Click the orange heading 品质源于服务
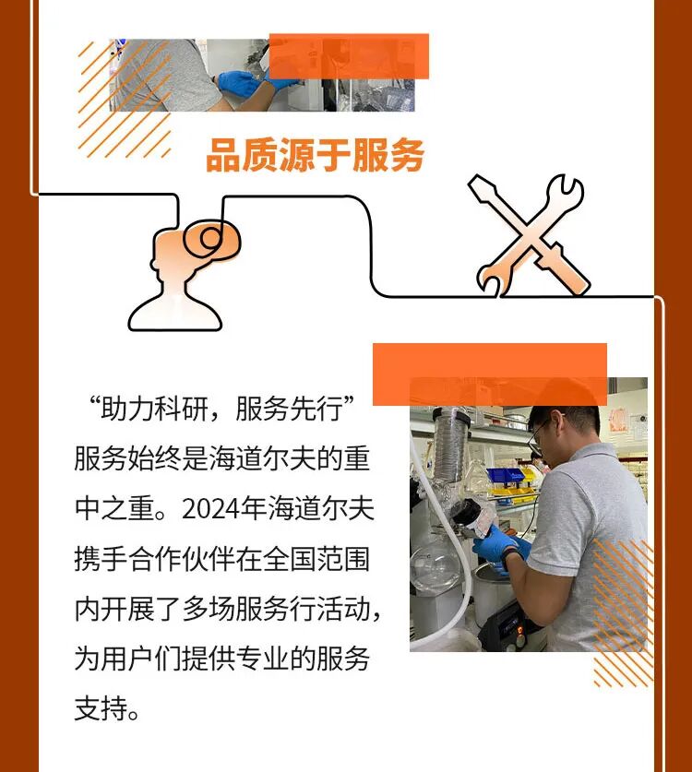coord(316,155)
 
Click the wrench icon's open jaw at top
coord(566,187)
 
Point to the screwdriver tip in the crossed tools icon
coord(476,184)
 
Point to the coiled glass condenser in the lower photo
coord(450,446)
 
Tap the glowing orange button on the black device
coord(519,629)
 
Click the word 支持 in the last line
coord(101,708)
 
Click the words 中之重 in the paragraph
coord(114,508)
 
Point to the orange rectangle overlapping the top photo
coord(349,56)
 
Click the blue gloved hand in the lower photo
coord(497,548)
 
